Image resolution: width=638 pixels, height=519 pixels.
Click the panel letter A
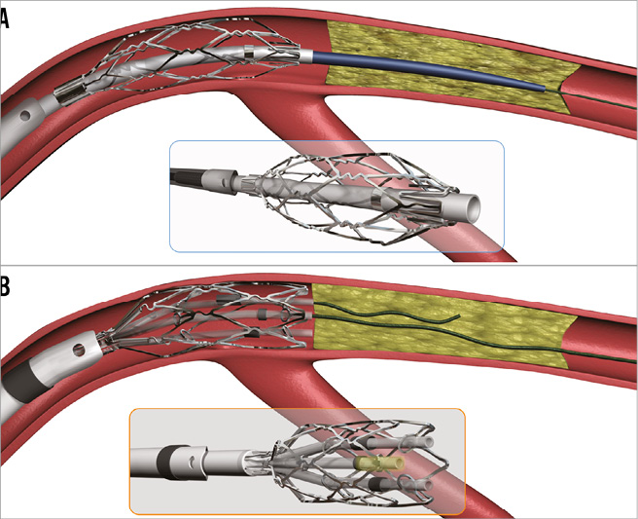click(x=4, y=19)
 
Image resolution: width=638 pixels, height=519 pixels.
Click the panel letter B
click(x=5, y=286)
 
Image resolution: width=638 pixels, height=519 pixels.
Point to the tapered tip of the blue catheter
click(x=545, y=88)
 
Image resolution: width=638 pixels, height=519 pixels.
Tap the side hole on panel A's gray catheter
click(x=25, y=116)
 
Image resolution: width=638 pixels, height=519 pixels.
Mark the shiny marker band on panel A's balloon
click(x=249, y=52)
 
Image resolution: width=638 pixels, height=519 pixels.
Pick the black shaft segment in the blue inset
click(x=187, y=179)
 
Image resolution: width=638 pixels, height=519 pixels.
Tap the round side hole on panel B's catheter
click(x=80, y=349)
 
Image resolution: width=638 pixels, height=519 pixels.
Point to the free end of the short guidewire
click(x=459, y=315)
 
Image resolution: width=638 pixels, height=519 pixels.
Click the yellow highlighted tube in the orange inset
click(x=379, y=464)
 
